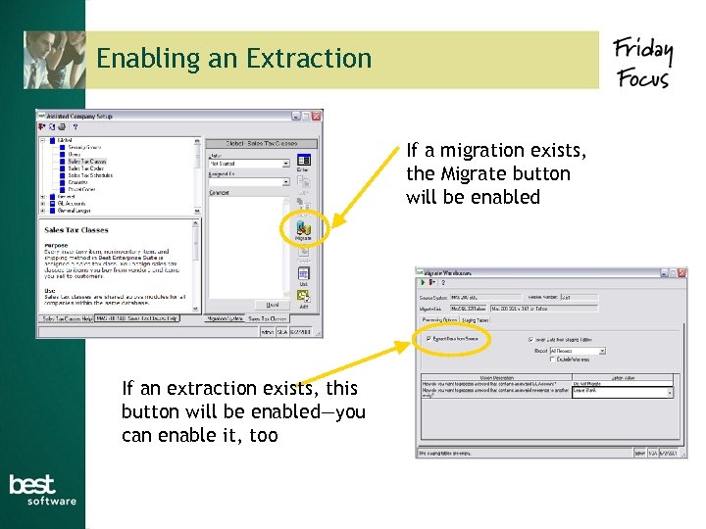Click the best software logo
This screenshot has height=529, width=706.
point(41,490)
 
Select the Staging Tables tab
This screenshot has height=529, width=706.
point(478,319)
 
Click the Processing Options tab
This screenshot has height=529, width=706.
point(439,319)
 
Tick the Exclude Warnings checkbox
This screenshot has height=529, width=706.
point(553,361)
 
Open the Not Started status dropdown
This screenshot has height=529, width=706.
point(285,164)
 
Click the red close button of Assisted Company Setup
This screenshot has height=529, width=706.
point(317,116)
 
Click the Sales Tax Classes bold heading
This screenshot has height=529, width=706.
point(76,230)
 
